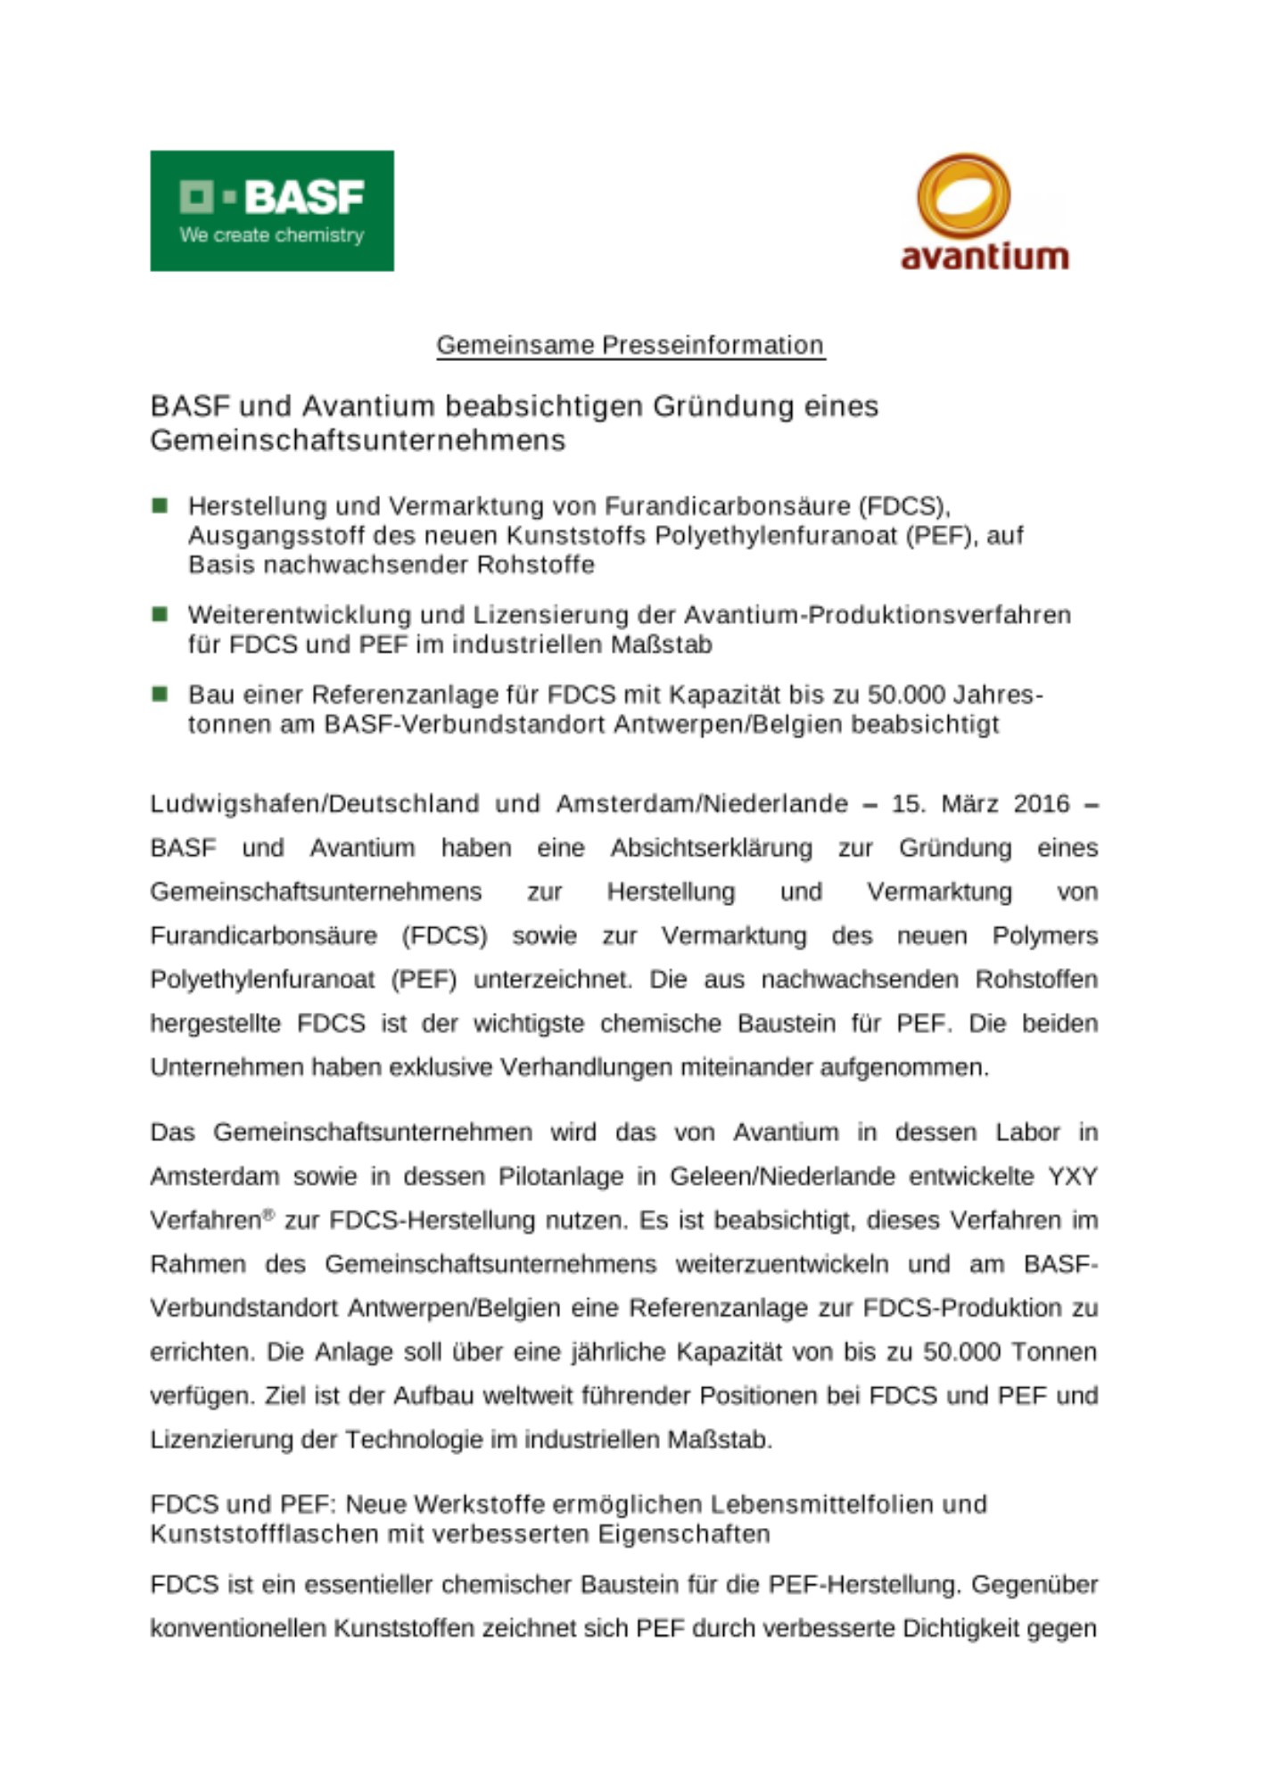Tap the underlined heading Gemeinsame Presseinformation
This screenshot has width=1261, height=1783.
(630, 345)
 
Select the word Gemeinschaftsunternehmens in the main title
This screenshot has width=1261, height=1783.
(358, 440)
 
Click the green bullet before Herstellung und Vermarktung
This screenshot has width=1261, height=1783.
(161, 505)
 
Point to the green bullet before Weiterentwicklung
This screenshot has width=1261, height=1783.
(161, 614)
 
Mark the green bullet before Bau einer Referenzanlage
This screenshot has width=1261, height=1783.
(161, 694)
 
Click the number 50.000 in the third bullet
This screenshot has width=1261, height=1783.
(905, 694)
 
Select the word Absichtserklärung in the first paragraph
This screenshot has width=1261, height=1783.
(711, 848)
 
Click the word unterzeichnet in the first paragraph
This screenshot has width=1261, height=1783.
(552, 980)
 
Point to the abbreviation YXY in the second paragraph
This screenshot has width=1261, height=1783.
(1072, 1177)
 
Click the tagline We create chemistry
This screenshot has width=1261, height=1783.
(271, 235)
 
